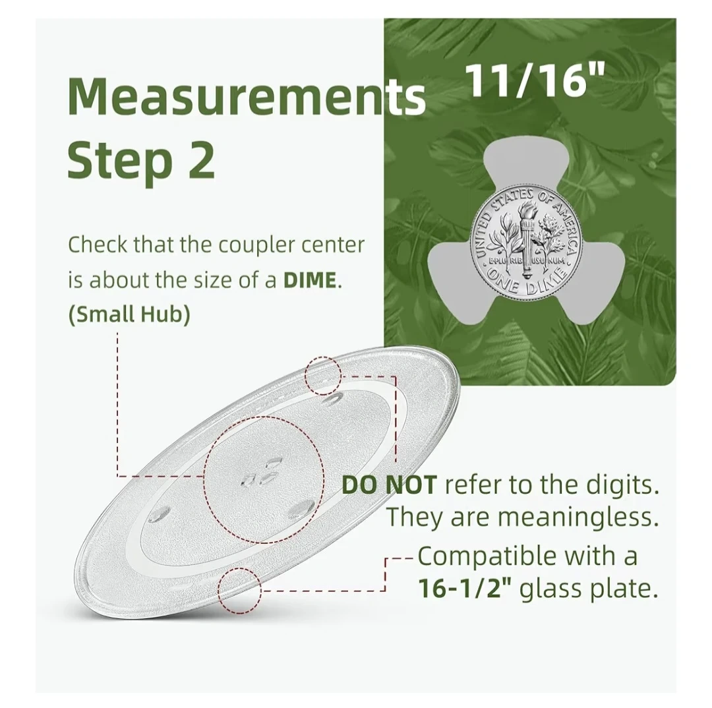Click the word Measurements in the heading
tap(247, 97)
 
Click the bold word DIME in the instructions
tap(310, 280)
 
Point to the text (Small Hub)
tap(129, 314)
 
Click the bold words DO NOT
tap(389, 485)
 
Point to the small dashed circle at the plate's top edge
tap(323, 376)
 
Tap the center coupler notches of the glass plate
tap(263, 475)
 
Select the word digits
tap(622, 486)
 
